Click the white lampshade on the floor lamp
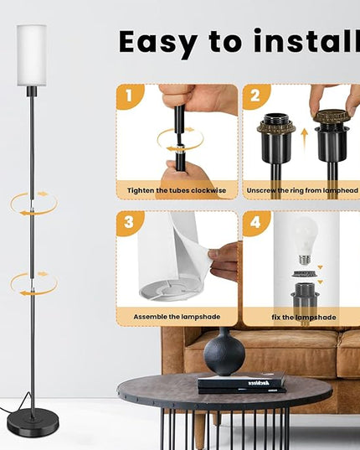[x=32, y=55]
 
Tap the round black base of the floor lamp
[x=33, y=423]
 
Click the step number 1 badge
[x=129, y=96]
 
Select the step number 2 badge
[x=255, y=96]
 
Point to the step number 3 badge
[x=129, y=222]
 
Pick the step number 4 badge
[x=255, y=222]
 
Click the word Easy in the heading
[x=158, y=43]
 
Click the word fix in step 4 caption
[x=276, y=317]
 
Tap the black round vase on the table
[x=224, y=353]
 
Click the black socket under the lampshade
[x=32, y=91]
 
